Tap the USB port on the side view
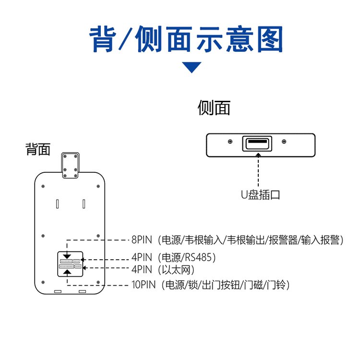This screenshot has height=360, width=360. coord(257,144)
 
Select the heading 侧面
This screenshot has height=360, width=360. coord(214,108)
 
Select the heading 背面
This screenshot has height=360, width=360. coord(38,150)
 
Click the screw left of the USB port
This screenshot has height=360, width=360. coord(230,142)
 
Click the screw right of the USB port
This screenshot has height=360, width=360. coord(284,142)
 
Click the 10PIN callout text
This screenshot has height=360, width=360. coord(144,285)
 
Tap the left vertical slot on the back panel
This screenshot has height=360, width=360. coord(57,204)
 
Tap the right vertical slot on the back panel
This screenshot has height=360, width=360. coord(84,204)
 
